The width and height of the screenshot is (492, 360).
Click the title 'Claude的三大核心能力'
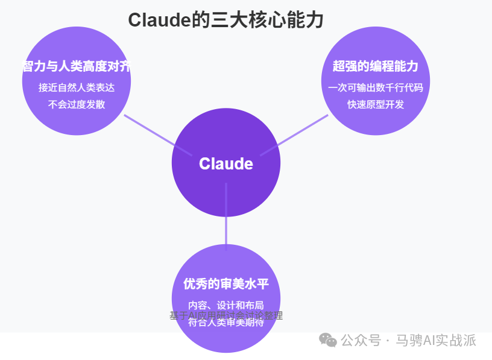pyautogui.click(x=226, y=20)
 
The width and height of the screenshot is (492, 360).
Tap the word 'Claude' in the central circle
pyautogui.click(x=226, y=163)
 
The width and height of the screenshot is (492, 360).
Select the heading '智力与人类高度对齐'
pyautogui.click(x=77, y=66)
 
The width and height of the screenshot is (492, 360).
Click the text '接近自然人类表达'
pyautogui.click(x=77, y=87)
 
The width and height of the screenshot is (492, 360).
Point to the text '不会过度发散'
pyautogui.click(x=77, y=104)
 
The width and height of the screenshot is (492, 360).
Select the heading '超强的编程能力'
pyautogui.click(x=375, y=66)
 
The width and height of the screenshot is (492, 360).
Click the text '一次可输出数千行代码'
pyautogui.click(x=375, y=87)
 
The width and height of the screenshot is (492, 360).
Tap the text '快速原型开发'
pyautogui.click(x=375, y=104)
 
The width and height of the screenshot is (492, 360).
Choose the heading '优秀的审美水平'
pyautogui.click(x=226, y=283)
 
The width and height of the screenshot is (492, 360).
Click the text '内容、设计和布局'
pyautogui.click(x=226, y=305)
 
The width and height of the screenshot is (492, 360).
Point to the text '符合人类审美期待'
pyautogui.click(x=226, y=323)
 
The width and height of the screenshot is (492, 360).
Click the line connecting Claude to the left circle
pyautogui.click(x=149, y=130)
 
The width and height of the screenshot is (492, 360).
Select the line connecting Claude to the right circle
pyautogui.click(x=301, y=130)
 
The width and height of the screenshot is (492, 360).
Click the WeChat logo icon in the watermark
pyautogui.click(x=329, y=341)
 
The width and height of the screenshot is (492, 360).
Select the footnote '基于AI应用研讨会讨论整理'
pyautogui.click(x=226, y=315)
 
